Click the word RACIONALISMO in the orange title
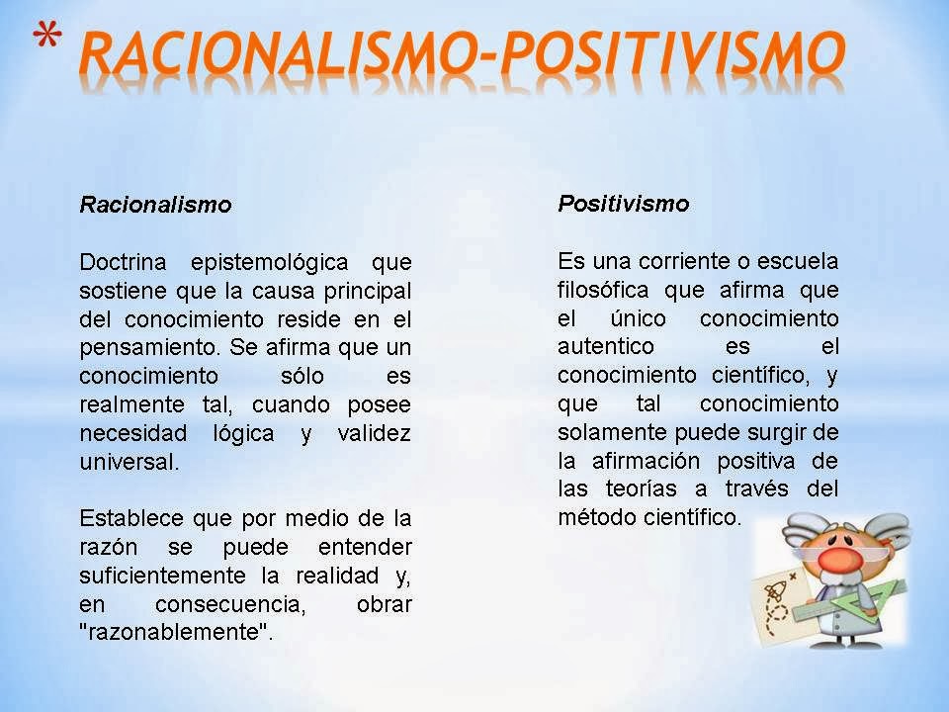click(267, 55)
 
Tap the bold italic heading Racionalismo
click(155, 206)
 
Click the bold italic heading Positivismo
click(623, 204)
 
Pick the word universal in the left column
click(129, 463)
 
